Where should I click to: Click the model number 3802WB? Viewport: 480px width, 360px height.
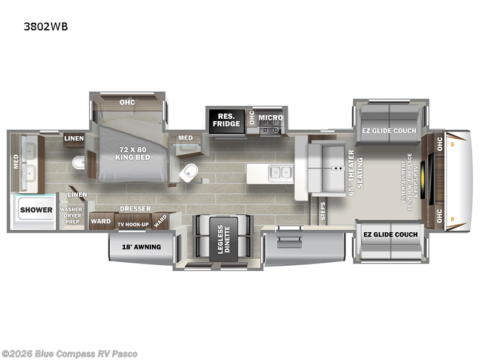46,26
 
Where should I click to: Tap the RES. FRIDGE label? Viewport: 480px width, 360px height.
227,120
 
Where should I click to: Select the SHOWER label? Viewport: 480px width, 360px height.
36,210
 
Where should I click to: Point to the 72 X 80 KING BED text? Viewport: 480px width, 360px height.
133,154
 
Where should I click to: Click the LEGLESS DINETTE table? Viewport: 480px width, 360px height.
224,239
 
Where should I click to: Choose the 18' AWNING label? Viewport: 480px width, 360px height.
142,247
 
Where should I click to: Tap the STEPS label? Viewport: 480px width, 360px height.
323,211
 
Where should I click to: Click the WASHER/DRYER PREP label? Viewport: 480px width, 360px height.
72,215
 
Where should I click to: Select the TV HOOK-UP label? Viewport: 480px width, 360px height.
133,224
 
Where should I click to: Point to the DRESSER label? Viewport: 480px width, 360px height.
135,209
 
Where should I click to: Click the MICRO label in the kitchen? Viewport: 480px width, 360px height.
271,118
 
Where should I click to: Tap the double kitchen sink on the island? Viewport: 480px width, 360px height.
281,173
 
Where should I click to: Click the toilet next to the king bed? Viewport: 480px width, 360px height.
189,173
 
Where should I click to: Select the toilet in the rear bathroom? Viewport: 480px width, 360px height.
79,162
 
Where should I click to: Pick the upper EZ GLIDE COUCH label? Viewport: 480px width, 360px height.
389,131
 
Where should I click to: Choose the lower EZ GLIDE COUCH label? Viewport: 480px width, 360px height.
391,235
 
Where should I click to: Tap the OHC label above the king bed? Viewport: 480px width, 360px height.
127,102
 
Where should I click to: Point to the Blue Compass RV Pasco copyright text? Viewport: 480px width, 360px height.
69,354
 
